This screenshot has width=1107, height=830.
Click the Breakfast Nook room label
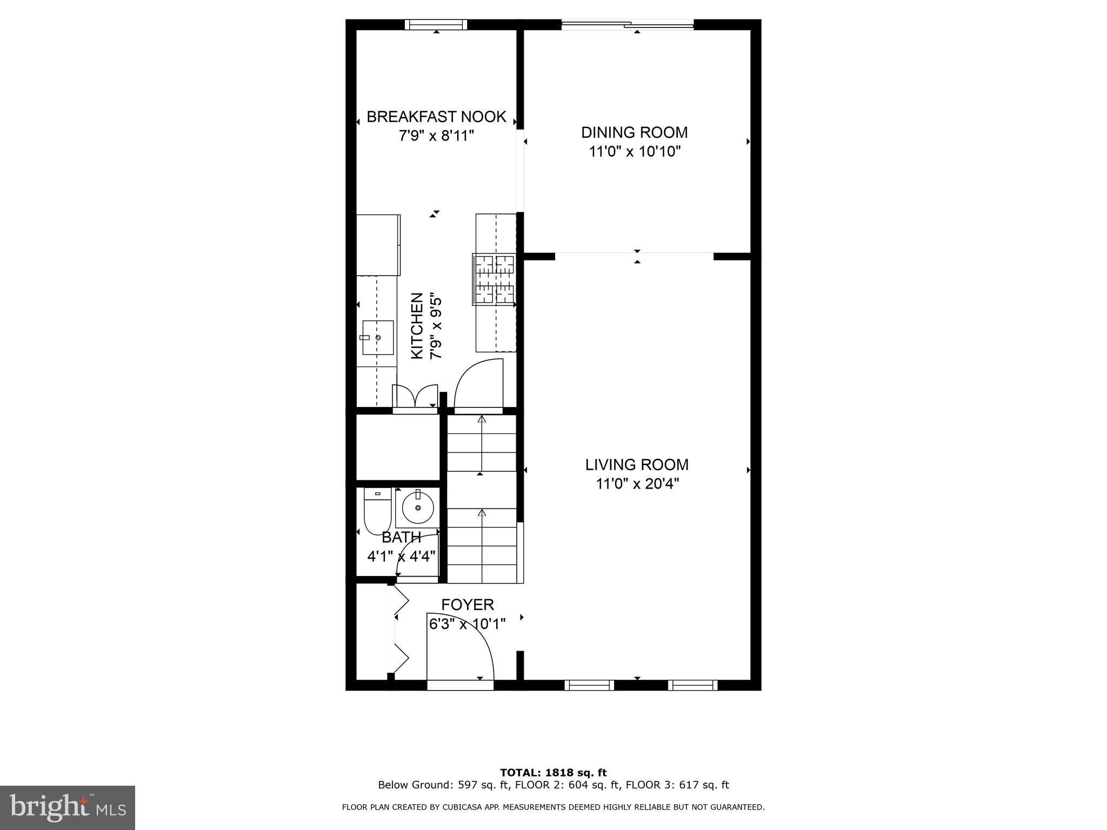436,117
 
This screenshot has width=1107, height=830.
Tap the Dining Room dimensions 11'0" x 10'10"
635,151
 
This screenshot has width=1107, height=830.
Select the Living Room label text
637,465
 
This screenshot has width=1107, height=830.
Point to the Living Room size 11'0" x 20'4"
637,483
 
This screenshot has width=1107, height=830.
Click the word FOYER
468,605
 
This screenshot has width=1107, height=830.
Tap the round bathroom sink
418,507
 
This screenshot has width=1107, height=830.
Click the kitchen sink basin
378,337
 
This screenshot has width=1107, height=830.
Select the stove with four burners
494,279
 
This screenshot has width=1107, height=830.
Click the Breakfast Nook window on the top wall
436,24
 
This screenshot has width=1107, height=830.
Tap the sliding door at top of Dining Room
628,24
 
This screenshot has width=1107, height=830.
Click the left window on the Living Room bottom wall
589,685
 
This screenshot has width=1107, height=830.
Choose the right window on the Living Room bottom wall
693,685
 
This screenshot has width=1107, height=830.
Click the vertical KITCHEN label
417,326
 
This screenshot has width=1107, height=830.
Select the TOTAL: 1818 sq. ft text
553,773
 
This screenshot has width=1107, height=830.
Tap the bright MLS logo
68,807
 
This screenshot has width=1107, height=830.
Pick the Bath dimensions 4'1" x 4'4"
402,556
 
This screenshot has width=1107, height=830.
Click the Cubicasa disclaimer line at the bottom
553,807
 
